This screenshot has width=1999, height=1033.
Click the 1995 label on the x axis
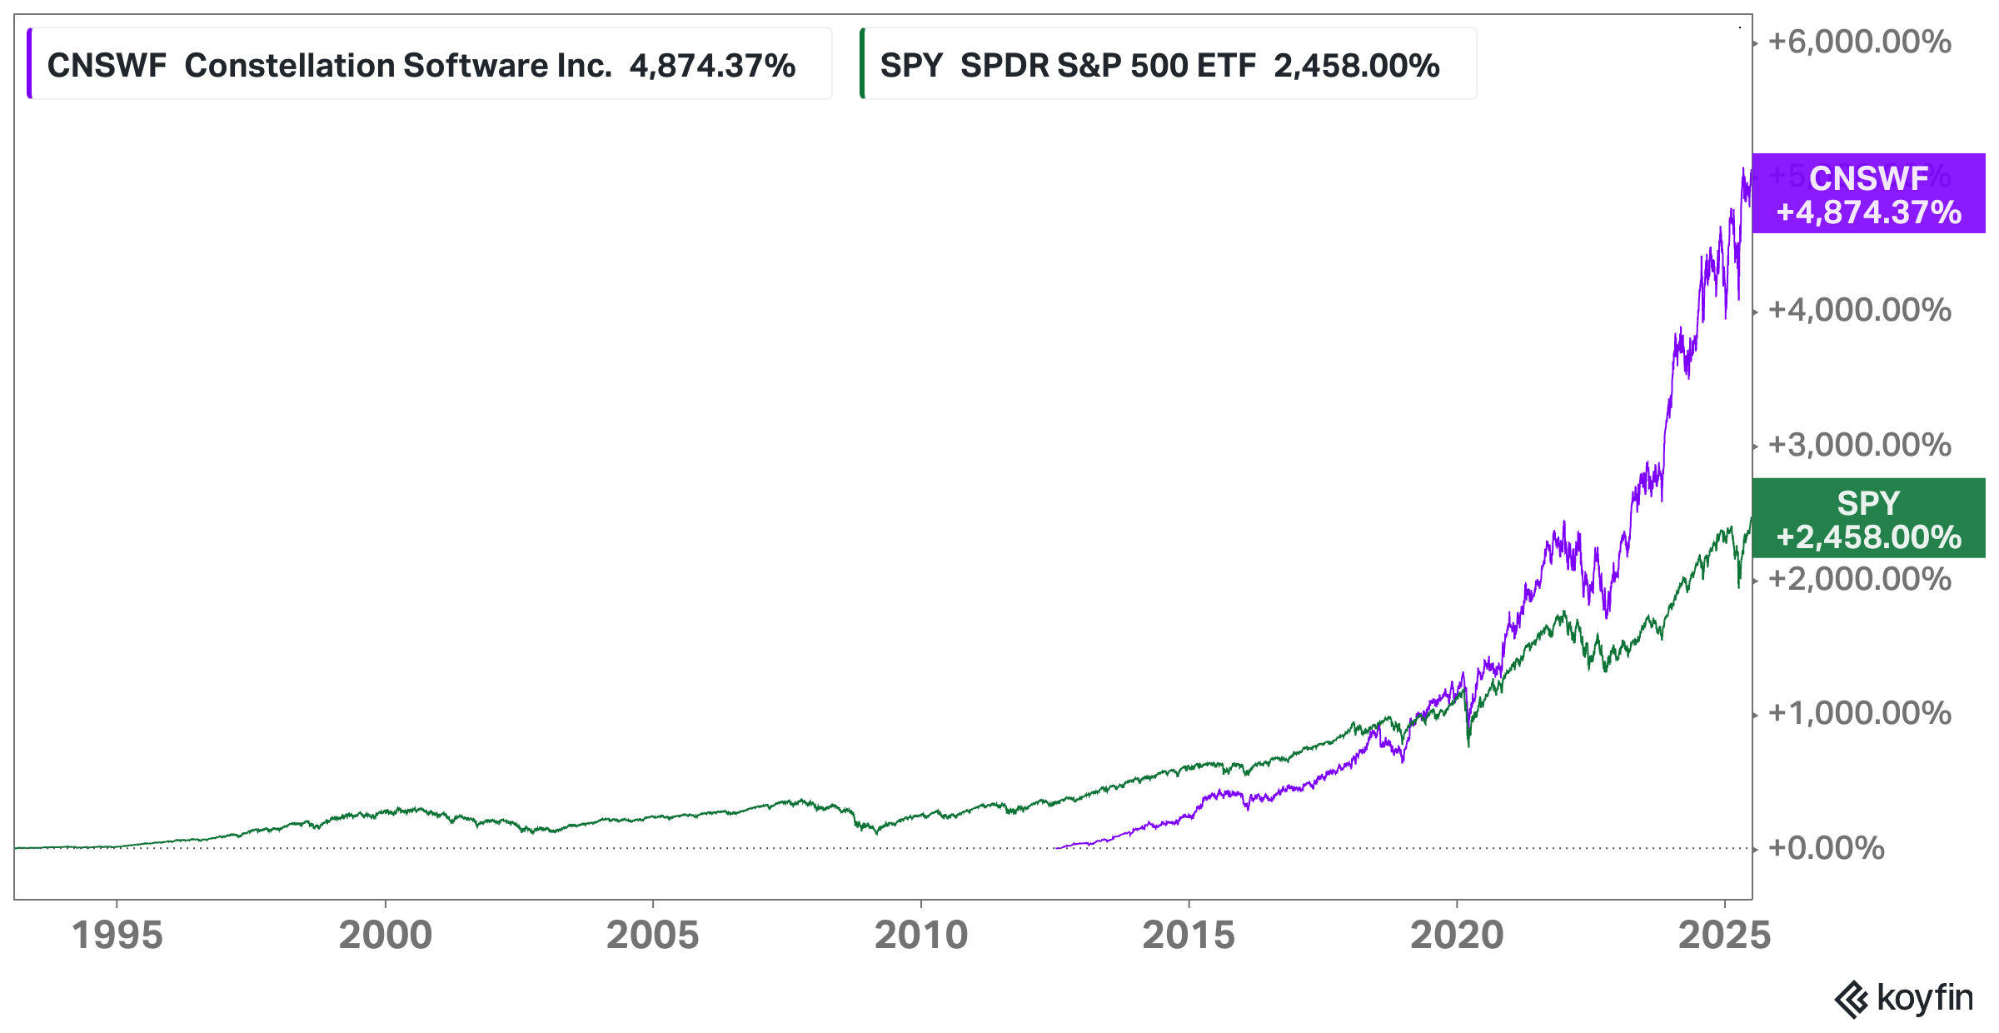(x=117, y=935)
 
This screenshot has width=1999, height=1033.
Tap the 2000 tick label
(x=385, y=935)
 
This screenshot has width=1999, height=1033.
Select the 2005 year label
(x=652, y=935)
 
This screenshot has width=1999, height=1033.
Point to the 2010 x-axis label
(x=920, y=935)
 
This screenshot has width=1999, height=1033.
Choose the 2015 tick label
(x=1189, y=935)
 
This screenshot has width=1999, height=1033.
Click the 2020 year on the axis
(x=1457, y=935)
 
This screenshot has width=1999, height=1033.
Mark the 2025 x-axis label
(x=1724, y=935)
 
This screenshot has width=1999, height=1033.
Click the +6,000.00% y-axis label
(x=1859, y=42)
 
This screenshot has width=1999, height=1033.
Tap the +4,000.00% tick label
(x=1859, y=310)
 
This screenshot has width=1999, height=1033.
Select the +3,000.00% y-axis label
(x=1859, y=445)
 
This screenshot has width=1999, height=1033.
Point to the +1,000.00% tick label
(x=1859, y=713)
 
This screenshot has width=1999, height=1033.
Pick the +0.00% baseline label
(x=1826, y=848)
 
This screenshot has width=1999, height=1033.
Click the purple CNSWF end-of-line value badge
(x=1868, y=194)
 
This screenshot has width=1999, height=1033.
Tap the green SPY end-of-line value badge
(x=1868, y=519)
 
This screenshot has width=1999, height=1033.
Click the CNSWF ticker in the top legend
(x=107, y=65)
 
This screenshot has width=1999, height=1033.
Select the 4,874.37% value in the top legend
(x=712, y=65)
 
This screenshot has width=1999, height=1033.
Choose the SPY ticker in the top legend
(x=911, y=65)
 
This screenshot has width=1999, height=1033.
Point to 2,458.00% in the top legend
(x=1356, y=65)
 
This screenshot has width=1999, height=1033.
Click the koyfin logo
(x=1904, y=998)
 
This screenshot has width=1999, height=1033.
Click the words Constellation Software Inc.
(x=398, y=65)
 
